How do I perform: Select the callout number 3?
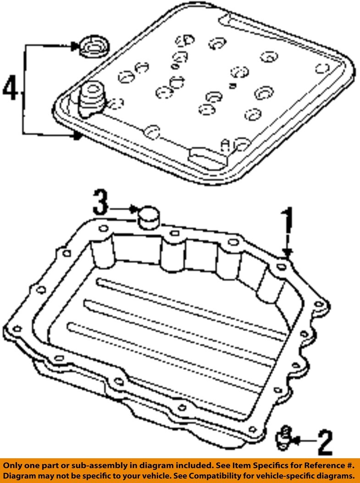(100, 203)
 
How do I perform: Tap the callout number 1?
(287, 222)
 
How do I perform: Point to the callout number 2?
(324, 442)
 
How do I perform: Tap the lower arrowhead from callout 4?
(78, 135)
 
